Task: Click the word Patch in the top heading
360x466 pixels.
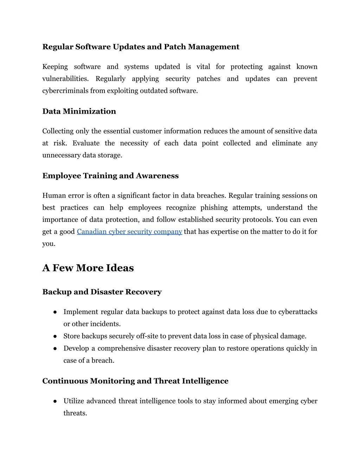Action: (175, 47)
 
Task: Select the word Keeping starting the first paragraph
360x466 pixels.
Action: (55, 67)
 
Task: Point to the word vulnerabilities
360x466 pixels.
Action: (65, 79)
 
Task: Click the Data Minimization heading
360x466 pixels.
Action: (79, 111)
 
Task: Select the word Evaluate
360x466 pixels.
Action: (86, 143)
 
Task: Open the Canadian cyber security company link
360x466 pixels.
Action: (129, 232)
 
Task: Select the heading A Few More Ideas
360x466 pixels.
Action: (88, 268)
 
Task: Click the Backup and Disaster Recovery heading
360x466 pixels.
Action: (102, 292)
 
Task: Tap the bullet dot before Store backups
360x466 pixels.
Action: (56, 336)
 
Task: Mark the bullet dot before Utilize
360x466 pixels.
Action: (56, 401)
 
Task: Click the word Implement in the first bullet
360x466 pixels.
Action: (81, 312)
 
